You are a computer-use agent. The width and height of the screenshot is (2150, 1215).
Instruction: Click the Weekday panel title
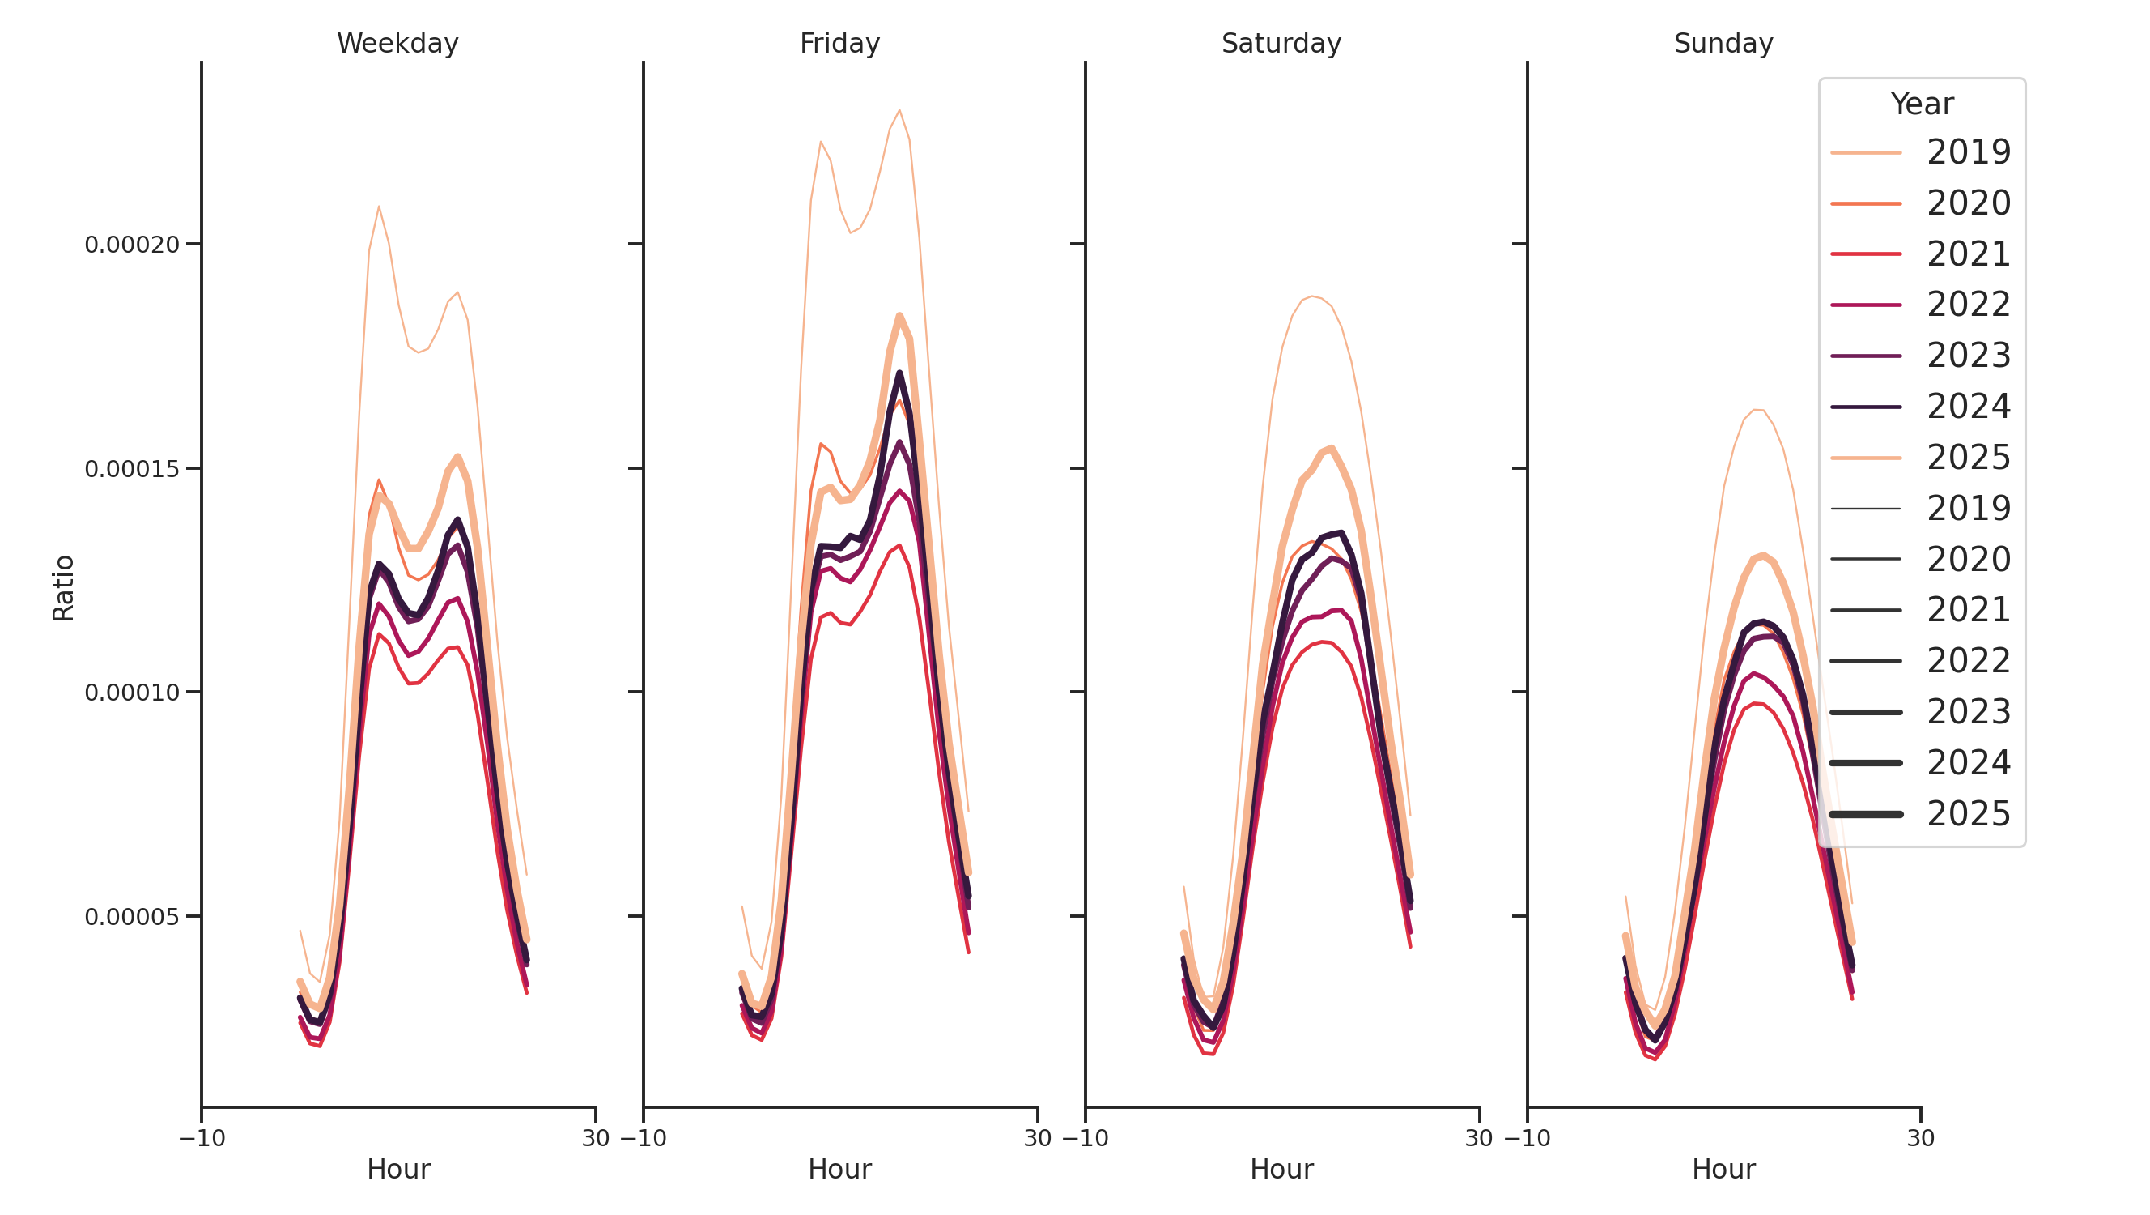click(x=397, y=44)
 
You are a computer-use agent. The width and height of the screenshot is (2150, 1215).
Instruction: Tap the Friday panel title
click(x=839, y=44)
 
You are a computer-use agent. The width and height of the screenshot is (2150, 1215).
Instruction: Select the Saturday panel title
click(x=1281, y=44)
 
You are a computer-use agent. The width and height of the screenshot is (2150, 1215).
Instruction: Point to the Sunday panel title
click(x=1723, y=44)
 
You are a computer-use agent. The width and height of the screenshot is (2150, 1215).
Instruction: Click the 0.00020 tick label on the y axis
click(x=132, y=245)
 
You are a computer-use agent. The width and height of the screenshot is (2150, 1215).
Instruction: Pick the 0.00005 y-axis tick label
click(x=132, y=917)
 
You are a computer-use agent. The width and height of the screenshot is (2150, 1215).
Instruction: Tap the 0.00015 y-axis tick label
click(x=132, y=469)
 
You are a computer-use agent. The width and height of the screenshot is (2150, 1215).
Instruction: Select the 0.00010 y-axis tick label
click(x=132, y=693)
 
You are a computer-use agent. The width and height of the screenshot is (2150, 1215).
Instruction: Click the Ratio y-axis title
click(x=63, y=588)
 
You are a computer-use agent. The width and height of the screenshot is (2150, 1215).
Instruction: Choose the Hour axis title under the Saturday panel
click(x=1281, y=1169)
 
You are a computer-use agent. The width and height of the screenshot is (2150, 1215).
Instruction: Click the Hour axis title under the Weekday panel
click(x=398, y=1169)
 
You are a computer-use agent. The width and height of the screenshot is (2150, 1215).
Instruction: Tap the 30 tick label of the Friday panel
click(x=1038, y=1138)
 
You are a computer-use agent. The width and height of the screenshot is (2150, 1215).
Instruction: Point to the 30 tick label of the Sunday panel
click(x=1920, y=1138)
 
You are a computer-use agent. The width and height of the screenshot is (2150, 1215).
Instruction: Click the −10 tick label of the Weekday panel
click(x=202, y=1138)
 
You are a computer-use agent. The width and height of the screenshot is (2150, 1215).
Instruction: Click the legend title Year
click(x=1921, y=104)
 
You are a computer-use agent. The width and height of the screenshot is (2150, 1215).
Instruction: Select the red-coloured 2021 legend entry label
click(x=1968, y=254)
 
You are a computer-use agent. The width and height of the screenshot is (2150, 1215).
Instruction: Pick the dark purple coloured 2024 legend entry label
click(x=1968, y=407)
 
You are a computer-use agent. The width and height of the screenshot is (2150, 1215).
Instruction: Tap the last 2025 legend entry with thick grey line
click(x=1968, y=814)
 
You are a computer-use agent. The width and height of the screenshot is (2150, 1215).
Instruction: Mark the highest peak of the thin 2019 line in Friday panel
click(x=899, y=110)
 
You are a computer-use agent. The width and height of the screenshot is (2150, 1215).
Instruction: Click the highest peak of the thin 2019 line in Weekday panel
click(x=379, y=207)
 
